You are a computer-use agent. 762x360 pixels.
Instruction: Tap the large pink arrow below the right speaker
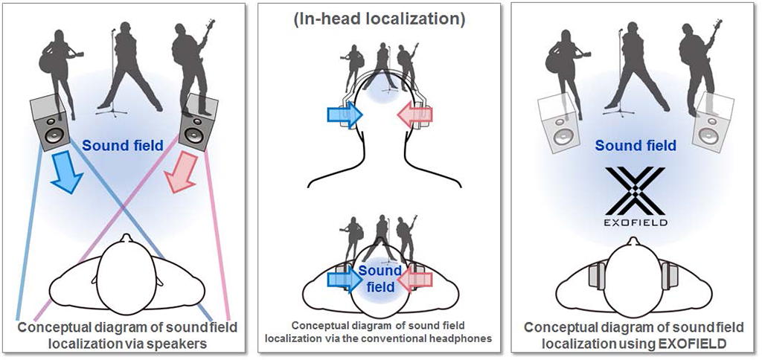[x=182, y=173]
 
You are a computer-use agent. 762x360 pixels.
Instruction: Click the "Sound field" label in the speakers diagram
[x=123, y=147]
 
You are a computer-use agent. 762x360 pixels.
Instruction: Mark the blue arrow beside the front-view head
[x=345, y=115]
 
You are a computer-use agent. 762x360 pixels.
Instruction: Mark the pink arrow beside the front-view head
[x=415, y=115]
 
